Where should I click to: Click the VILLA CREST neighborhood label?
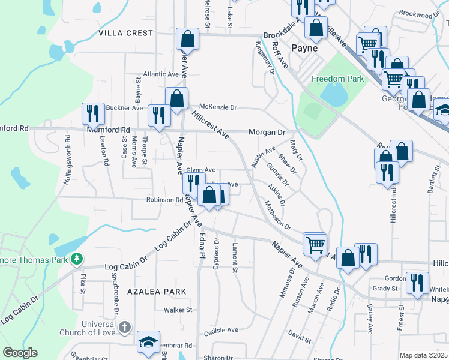tap(126, 33)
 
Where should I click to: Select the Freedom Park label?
tap(337, 79)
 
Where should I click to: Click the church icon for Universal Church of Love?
tap(124, 327)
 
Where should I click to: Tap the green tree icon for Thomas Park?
tap(76, 259)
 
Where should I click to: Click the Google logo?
tap(20, 353)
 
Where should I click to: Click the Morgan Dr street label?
tap(267, 132)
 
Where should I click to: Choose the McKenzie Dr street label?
tap(218, 107)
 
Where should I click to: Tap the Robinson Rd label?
tap(164, 200)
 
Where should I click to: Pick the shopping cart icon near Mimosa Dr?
tap(315, 244)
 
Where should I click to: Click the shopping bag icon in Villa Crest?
tap(188, 39)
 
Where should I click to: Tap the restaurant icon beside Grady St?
tap(417, 283)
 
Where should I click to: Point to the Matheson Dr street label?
tap(277, 217)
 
